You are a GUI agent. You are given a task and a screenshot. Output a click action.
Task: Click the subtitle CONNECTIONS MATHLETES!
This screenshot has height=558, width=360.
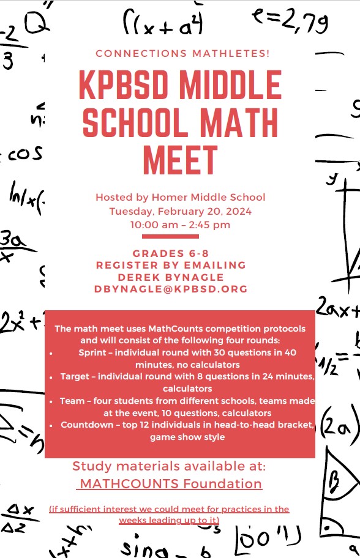point(182,53)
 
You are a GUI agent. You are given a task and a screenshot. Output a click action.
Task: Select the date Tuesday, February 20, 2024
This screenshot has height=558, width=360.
point(180,211)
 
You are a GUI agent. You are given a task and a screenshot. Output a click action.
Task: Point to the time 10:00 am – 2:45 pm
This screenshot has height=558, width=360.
point(180,225)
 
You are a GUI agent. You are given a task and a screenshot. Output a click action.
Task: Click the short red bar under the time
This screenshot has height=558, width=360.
point(170,236)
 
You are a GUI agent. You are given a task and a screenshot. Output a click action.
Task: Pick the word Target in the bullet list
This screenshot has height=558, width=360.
point(75,376)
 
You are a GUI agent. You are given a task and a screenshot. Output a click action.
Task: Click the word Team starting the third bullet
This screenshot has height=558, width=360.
point(72,401)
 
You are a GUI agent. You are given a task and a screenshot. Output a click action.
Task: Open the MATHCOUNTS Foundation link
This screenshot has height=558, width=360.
point(171,484)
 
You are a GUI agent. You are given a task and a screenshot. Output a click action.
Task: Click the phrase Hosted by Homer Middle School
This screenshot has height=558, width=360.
point(180,197)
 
